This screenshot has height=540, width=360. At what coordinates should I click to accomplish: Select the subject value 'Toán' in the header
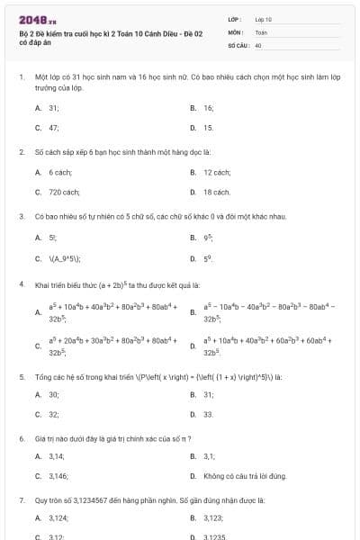[x=261, y=31]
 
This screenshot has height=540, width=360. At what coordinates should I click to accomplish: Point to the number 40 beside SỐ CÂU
[x=258, y=44]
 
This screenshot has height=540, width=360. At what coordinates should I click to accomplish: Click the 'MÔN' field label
[x=235, y=31]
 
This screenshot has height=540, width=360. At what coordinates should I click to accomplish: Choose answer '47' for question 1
[x=54, y=128]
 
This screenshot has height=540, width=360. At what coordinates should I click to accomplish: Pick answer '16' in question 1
[x=208, y=107]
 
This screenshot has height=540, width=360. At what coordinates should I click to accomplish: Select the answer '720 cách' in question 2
[x=66, y=192]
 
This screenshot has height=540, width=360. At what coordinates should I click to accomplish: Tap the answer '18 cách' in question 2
[x=217, y=192]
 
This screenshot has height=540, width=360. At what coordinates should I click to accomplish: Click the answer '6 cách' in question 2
[x=60, y=171]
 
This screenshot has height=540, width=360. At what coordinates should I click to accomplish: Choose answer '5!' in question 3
[x=53, y=238]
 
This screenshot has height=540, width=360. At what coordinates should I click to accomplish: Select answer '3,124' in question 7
[x=58, y=517]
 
